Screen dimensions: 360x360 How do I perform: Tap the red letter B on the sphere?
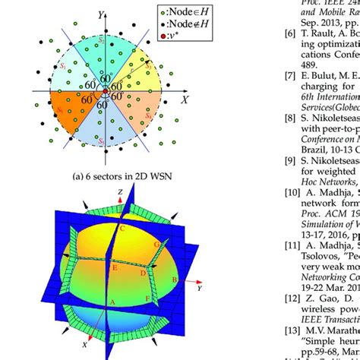(173, 280)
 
